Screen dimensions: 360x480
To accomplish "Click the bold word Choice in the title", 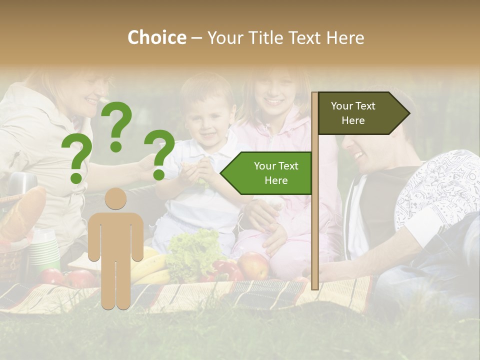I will click(156, 37).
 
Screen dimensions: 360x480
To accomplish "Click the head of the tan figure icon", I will click(115, 199).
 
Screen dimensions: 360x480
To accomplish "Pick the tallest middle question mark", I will click(117, 125).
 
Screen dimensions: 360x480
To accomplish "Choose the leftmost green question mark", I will click(76, 159).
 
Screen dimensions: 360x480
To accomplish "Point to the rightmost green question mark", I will click(159, 153).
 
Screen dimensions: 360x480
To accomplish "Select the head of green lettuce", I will click(192, 255).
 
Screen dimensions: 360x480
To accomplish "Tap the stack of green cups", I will click(44, 250).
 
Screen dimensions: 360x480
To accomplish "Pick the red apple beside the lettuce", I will click(253, 265).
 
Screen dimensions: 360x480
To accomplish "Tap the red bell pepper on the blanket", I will click(224, 270).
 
